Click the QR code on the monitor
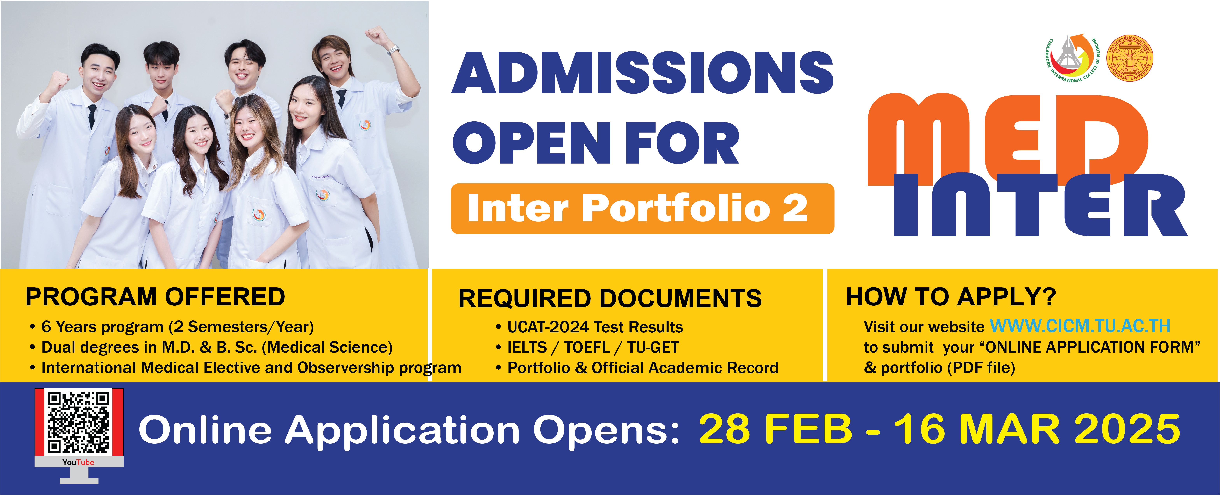click(x=79, y=422)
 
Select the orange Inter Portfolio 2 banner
click(x=643, y=209)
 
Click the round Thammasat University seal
click(x=1130, y=58)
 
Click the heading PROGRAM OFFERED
click(x=155, y=297)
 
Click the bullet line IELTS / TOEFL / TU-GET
click(x=587, y=347)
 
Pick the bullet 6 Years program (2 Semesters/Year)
click(x=171, y=327)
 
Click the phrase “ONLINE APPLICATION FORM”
click(x=1093, y=347)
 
